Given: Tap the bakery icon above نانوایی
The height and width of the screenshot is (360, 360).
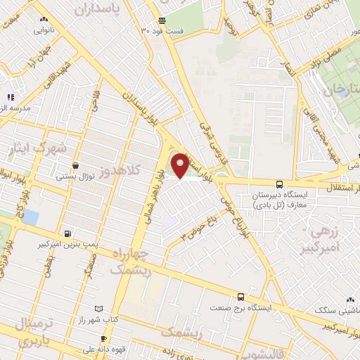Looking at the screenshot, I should [x=45, y=20].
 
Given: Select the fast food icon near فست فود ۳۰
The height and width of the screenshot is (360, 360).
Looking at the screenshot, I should [x=162, y=20].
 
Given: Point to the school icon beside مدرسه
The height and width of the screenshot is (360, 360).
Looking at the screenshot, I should [x=11, y=96].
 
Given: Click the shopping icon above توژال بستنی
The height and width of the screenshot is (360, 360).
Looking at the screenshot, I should [x=75, y=165].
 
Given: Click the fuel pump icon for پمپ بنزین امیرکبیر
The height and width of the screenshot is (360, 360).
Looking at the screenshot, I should [x=67, y=233].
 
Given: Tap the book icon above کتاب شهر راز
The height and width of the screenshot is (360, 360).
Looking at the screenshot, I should [x=98, y=309].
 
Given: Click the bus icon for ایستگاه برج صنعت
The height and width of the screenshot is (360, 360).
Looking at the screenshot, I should [x=241, y=297].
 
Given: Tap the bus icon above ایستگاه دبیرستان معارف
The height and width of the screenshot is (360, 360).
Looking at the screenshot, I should [x=280, y=183].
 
